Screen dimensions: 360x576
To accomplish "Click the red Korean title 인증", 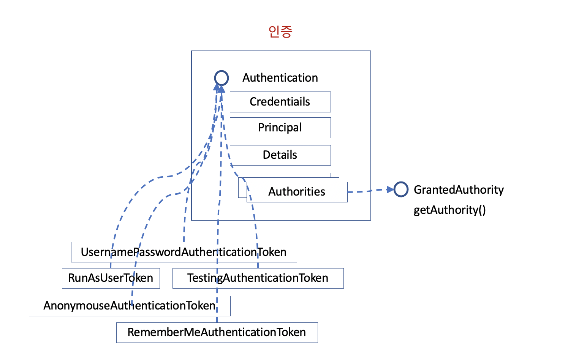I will (280, 32).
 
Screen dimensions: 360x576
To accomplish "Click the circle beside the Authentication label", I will (222, 78).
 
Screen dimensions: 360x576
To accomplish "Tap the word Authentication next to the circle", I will (280, 78).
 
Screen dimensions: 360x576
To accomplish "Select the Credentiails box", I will (280, 102).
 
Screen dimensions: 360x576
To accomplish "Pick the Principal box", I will (280, 128).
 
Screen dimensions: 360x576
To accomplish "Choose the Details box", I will (280, 155).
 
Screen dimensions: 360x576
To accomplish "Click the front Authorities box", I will (297, 192).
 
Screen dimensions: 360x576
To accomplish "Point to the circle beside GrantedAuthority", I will (401, 189).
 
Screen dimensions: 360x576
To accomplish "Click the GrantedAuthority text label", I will (459, 189).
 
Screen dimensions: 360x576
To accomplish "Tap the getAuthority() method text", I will (449, 210).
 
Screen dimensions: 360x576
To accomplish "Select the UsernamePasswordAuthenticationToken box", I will (184, 252).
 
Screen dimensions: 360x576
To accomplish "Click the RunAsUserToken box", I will (111, 278).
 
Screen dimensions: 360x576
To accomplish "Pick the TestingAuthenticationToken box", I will (258, 278).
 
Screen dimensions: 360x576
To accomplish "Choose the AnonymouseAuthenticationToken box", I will (130, 306).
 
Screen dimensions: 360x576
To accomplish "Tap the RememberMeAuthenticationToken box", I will (217, 332).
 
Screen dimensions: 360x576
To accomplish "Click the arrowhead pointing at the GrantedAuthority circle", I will (390, 189).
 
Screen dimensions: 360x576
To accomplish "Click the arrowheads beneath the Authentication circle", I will (219, 88).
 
